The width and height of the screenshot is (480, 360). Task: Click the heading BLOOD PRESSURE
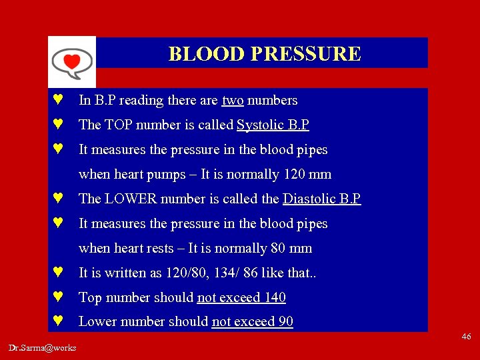click(265, 53)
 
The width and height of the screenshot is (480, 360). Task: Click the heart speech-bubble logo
click(71, 61)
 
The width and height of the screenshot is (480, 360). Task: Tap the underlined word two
click(233, 101)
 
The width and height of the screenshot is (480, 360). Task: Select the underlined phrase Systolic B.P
click(273, 125)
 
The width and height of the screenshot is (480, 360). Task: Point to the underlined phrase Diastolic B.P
click(321, 199)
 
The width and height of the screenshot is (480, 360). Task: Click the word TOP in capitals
click(117, 125)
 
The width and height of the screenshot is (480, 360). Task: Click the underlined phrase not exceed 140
click(241, 298)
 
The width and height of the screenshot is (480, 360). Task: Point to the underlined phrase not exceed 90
click(252, 322)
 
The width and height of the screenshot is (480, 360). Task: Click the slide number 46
click(465, 337)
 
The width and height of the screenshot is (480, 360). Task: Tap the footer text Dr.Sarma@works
click(43, 347)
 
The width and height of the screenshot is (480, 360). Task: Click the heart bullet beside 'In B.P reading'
click(59, 101)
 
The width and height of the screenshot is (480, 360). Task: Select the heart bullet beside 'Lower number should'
click(59, 322)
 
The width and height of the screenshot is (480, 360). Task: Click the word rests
click(161, 249)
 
